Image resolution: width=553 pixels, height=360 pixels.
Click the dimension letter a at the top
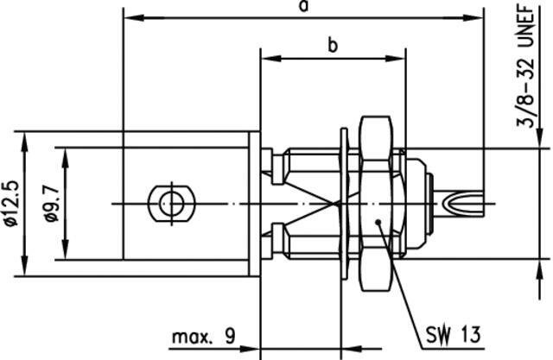tap(303, 6)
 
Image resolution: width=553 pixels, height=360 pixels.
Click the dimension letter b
tap(332, 45)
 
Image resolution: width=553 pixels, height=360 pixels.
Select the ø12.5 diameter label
tap(11, 204)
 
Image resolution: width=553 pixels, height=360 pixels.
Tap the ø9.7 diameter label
tap(51, 204)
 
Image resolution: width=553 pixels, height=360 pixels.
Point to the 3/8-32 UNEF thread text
tap(526, 66)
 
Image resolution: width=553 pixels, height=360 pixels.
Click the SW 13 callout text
tap(453, 334)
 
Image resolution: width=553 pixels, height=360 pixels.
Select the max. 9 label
tap(204, 337)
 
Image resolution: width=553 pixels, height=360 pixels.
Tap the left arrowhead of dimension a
tap(135, 17)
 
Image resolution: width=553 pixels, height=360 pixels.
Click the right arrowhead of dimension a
tap(473, 17)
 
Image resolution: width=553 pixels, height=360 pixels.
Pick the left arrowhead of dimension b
tap(270, 59)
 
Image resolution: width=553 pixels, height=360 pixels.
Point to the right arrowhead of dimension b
tap(395, 59)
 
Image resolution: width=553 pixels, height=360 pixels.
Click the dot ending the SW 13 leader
tap(378, 222)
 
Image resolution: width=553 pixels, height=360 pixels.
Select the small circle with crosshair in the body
tap(171, 204)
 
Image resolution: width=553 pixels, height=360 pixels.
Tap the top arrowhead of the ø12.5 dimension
tap(24, 142)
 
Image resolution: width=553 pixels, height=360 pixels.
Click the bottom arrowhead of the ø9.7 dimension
tap(66, 249)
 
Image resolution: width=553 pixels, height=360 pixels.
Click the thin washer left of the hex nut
tap(344, 204)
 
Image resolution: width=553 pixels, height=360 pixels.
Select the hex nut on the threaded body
tap(376, 204)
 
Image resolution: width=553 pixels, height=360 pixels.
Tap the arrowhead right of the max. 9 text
tap(250, 349)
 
